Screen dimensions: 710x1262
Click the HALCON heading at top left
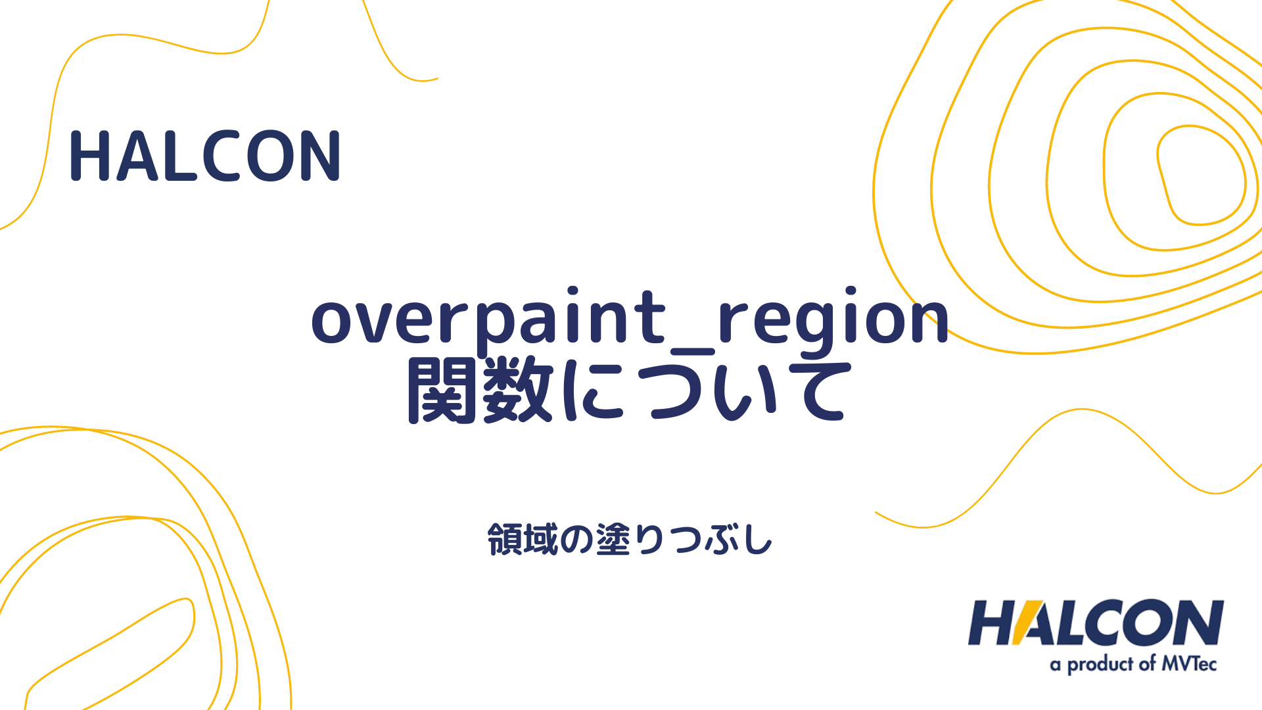pos(204,156)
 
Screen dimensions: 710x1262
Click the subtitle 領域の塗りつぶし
pos(630,540)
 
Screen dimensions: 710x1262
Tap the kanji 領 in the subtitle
pos(504,540)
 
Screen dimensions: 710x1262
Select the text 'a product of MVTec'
pos(1133,664)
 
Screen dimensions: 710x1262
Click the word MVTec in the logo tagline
pos(1189,664)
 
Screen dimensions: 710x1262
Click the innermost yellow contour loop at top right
pos(1201,174)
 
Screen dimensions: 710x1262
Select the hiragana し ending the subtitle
pos(759,540)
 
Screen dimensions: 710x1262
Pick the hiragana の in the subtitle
pos(576,540)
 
